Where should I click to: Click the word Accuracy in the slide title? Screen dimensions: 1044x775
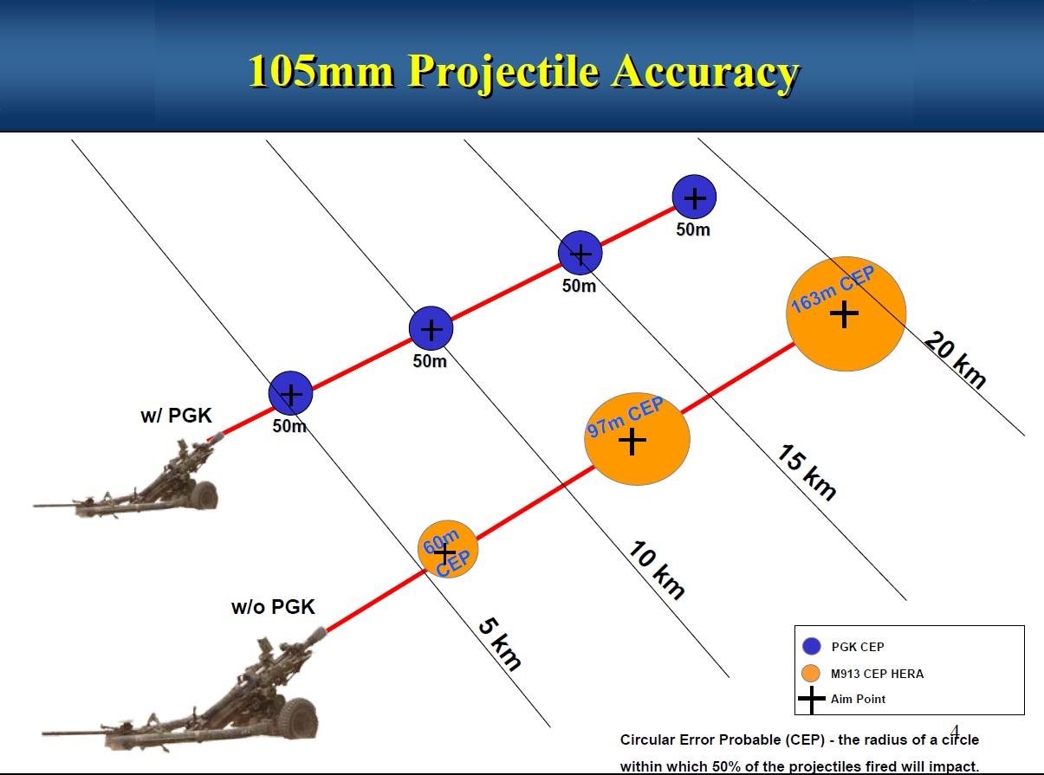pos(704,72)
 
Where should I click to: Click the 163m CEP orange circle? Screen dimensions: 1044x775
pos(846,313)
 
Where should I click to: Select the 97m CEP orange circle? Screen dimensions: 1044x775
pos(637,438)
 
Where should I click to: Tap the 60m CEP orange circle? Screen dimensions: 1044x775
pos(448,549)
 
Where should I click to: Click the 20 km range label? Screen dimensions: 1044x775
pos(955,360)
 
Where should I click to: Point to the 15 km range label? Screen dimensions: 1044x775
pos(806,472)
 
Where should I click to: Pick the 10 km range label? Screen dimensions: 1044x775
pos(656,570)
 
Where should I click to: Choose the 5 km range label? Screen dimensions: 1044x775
pos(499,644)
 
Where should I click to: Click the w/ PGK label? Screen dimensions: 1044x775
pos(176,416)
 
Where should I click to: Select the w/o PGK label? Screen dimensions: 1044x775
pos(273,607)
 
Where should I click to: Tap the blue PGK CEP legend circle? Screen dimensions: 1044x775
pos(812,646)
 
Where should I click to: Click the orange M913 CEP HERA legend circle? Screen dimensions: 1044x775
pos(811,673)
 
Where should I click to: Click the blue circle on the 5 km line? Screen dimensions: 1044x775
pos(290,393)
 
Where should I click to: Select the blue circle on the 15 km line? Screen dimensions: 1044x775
pos(580,253)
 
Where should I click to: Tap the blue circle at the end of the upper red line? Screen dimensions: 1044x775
pos(694,197)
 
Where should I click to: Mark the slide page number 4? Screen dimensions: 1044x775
pos(955,731)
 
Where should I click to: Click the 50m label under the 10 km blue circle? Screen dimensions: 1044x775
pos(430,361)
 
